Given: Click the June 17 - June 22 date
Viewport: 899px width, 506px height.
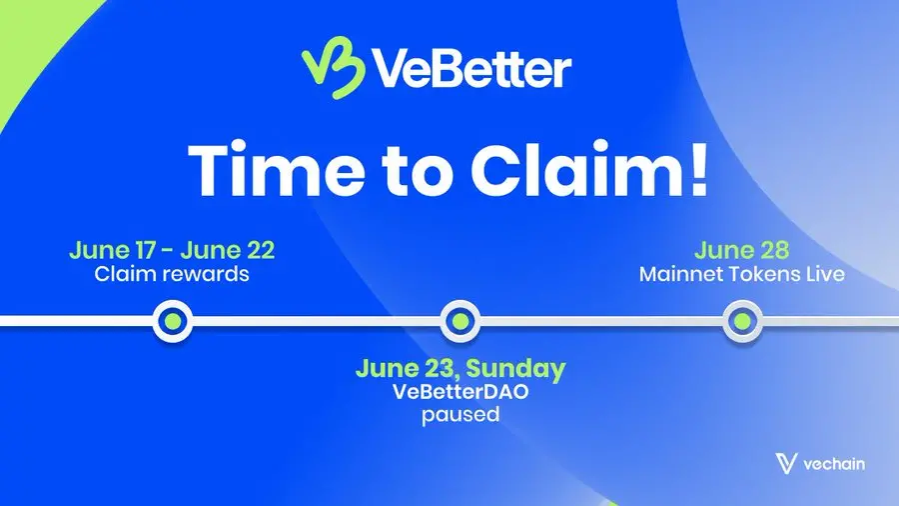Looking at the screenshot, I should (172, 249).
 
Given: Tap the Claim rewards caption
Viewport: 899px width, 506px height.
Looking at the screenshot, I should (172, 273).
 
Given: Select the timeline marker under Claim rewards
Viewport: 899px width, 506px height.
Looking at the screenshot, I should (173, 320).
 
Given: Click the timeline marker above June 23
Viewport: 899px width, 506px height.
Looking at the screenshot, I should (458, 320).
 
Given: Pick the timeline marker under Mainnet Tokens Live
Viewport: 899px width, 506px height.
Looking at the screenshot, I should (741, 320).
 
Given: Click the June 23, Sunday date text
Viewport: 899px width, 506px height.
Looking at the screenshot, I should (459, 368).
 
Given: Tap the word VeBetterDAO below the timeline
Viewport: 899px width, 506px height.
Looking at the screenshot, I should (459, 391).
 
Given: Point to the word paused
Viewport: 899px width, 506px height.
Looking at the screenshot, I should (459, 413).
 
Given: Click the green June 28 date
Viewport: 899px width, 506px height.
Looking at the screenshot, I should (741, 249).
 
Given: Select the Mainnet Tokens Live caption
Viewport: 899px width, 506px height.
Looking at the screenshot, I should (741, 273).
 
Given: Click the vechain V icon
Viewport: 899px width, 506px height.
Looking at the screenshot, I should (786, 463).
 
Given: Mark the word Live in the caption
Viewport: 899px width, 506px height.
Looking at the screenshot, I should (824, 273).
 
